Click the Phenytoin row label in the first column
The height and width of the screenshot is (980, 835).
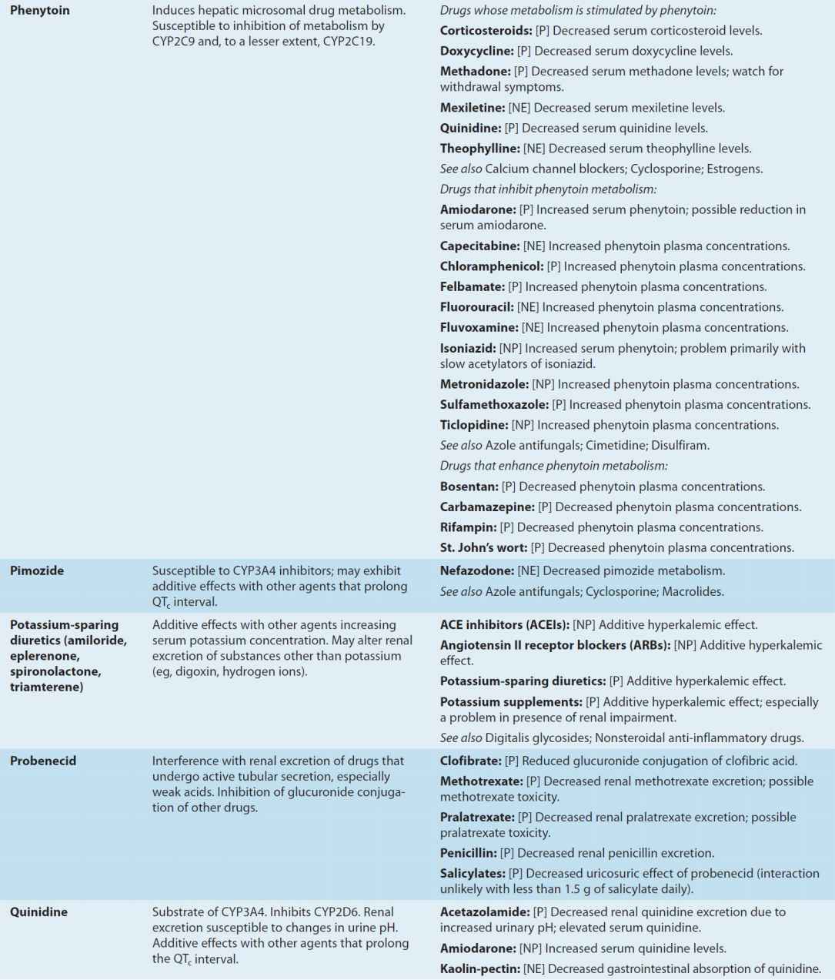tap(39, 11)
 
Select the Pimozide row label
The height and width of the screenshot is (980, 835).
tap(37, 570)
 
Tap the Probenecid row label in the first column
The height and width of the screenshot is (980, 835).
tap(43, 761)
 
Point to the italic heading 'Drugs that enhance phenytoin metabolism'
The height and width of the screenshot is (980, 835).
tap(553, 466)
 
